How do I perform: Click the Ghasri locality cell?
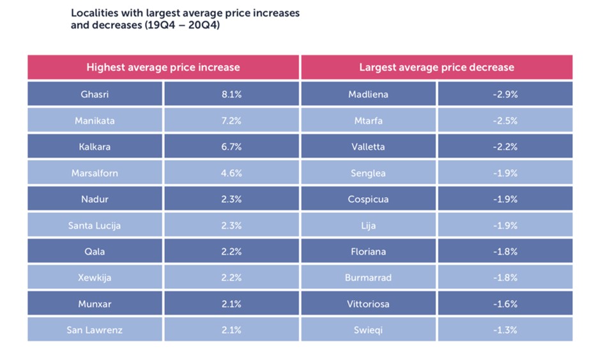[x=95, y=94]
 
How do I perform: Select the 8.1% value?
[x=231, y=94]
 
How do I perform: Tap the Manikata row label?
[x=95, y=121]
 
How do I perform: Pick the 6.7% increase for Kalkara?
[x=231, y=147]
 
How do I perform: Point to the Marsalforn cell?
[x=95, y=173]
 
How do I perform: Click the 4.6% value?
[x=231, y=173]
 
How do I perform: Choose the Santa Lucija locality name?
[x=95, y=225]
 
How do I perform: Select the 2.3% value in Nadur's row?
[x=231, y=199]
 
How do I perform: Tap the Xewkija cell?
[x=95, y=278]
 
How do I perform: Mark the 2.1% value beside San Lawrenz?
[x=231, y=330]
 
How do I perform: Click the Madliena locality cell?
[x=369, y=94]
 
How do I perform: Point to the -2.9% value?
[x=505, y=94]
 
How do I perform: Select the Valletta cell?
[x=369, y=147]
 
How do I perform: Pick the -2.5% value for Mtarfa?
[x=505, y=121]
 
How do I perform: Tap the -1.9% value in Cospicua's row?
[x=505, y=199]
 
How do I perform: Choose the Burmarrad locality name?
[x=369, y=278]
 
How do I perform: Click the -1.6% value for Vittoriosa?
[x=505, y=304]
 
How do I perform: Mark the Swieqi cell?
[x=369, y=330]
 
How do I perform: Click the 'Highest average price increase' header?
[x=163, y=67]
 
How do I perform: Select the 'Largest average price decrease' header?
[x=436, y=67]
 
